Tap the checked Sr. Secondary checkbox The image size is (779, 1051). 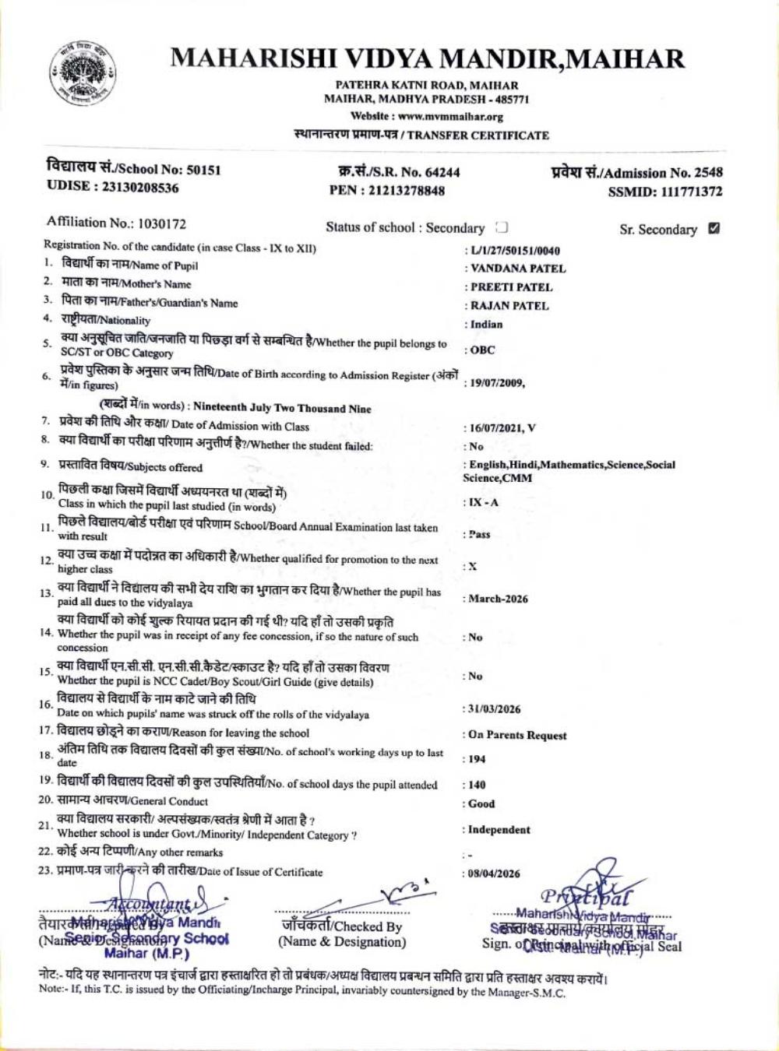pyautogui.click(x=714, y=229)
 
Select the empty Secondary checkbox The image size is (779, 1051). pyautogui.click(x=502, y=227)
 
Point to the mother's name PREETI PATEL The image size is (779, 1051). pyautogui.click(x=511, y=287)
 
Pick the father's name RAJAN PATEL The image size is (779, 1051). pyautogui.click(x=509, y=306)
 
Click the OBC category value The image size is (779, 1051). pyautogui.click(x=482, y=350)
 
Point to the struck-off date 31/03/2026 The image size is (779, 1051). pyautogui.click(x=495, y=709)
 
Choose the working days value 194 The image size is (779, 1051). pyautogui.click(x=477, y=759)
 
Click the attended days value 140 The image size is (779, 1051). pyautogui.click(x=477, y=785)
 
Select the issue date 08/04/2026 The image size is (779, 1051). pyautogui.click(x=494, y=874)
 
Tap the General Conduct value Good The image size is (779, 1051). pyautogui.click(x=481, y=803)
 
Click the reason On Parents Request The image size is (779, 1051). pyautogui.click(x=517, y=735)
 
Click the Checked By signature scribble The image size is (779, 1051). pyautogui.click(x=405, y=891)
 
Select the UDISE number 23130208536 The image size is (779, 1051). pyautogui.click(x=138, y=188)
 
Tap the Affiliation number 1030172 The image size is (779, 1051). pyautogui.click(x=161, y=224)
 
